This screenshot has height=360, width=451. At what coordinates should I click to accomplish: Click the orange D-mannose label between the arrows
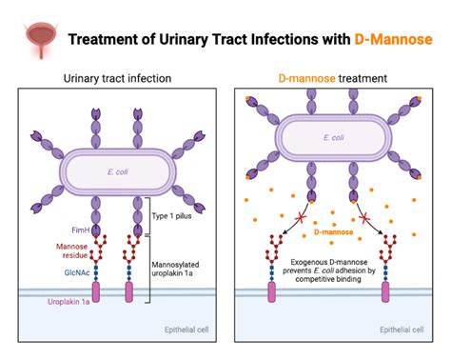tap(332, 230)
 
